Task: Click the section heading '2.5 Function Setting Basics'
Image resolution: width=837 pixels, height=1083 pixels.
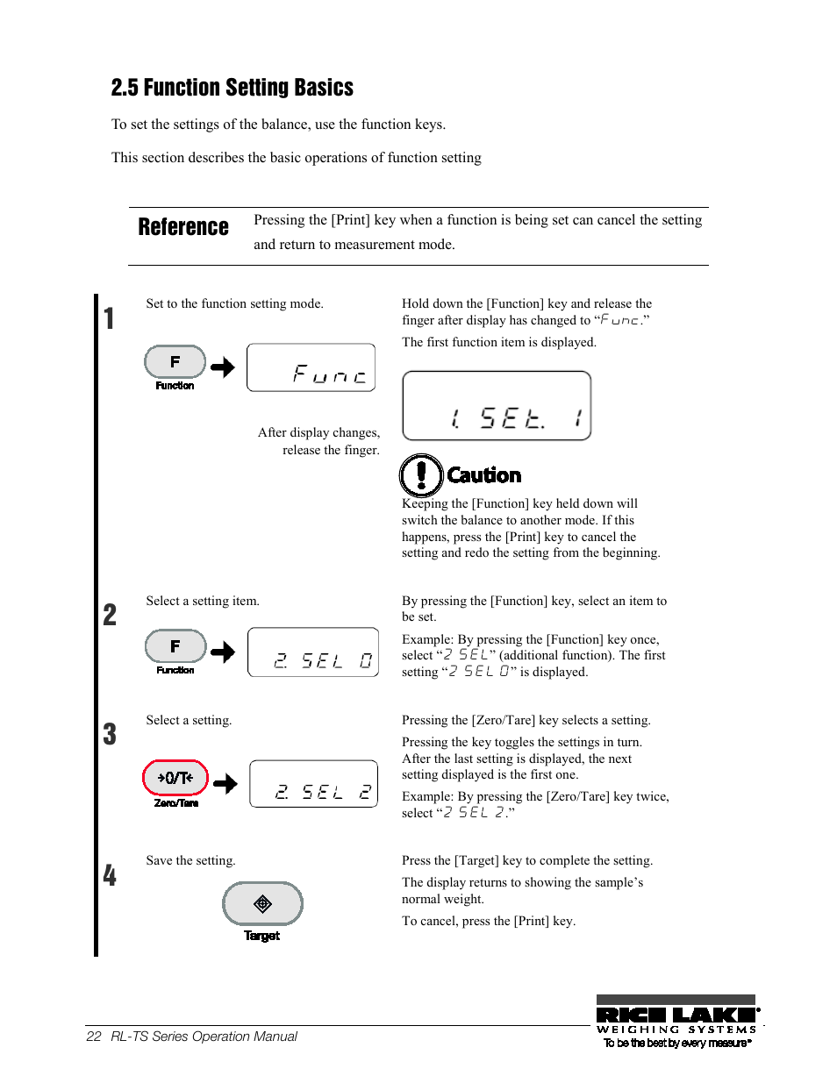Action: pyautogui.click(x=232, y=88)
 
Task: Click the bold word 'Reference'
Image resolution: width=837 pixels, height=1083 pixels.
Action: pyautogui.click(x=183, y=227)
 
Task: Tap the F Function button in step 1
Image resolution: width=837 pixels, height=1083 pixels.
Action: pyautogui.click(x=175, y=362)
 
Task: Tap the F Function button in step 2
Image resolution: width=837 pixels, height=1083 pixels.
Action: pyautogui.click(x=175, y=646)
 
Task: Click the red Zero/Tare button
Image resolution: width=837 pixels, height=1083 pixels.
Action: pyautogui.click(x=175, y=778)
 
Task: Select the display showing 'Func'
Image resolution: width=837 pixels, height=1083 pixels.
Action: pyautogui.click(x=311, y=367)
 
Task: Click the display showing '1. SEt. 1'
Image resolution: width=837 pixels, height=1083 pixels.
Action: pyautogui.click(x=497, y=406)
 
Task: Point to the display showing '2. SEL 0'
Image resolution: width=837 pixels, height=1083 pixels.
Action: pyautogui.click(x=313, y=652)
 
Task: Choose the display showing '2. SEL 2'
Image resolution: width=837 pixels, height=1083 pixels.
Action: pyautogui.click(x=313, y=784)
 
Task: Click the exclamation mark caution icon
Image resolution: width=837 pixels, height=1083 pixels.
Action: pyautogui.click(x=421, y=475)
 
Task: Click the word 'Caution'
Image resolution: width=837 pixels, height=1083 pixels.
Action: pyautogui.click(x=484, y=475)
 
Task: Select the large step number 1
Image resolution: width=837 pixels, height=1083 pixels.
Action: pyautogui.click(x=109, y=318)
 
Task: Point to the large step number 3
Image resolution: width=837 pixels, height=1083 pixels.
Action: pyautogui.click(x=110, y=734)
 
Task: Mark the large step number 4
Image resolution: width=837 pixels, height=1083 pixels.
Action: pyautogui.click(x=110, y=875)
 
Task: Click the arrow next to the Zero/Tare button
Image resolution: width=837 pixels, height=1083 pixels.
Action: pyautogui.click(x=225, y=783)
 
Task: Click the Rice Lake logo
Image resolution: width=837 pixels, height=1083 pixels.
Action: pyautogui.click(x=676, y=1021)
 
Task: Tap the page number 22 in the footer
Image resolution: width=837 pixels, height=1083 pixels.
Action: pyautogui.click(x=94, y=1037)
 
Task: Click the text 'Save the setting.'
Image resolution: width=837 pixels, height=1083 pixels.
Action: pyautogui.click(x=190, y=860)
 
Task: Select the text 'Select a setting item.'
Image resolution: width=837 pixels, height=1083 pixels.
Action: pyautogui.click(x=203, y=601)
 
